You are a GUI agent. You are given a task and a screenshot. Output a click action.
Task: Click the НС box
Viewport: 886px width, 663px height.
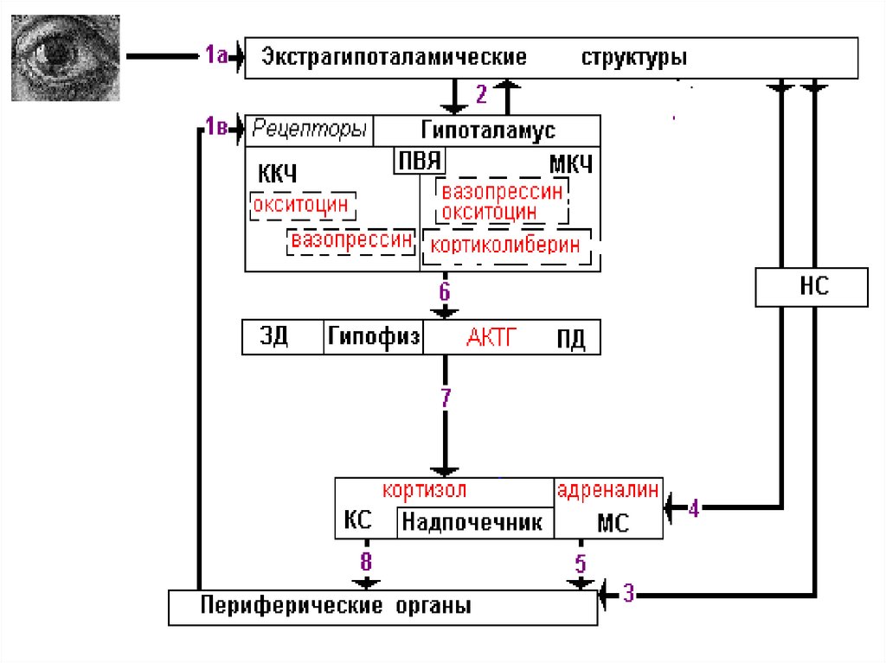click(811, 287)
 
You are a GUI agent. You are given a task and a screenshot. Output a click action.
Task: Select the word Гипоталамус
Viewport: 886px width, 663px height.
click(488, 131)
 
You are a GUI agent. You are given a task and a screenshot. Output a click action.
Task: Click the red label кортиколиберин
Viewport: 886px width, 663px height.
click(506, 245)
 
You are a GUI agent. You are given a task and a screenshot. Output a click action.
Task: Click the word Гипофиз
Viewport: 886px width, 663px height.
click(374, 337)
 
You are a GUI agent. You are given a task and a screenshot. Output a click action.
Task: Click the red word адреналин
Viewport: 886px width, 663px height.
click(608, 490)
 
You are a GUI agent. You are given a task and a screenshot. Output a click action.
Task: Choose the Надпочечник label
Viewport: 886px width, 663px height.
click(472, 522)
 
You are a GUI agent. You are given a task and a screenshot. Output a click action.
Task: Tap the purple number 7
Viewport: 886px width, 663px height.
click(446, 398)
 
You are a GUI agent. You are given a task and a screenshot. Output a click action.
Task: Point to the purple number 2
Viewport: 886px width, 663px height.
click(482, 93)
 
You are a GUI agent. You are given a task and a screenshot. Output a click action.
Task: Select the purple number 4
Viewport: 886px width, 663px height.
click(693, 508)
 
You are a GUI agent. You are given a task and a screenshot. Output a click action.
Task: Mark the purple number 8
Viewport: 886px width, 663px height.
click(366, 562)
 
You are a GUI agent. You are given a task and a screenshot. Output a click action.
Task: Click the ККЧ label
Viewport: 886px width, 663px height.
click(277, 173)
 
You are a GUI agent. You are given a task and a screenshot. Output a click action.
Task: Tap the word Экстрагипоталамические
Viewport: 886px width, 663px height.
click(394, 58)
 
